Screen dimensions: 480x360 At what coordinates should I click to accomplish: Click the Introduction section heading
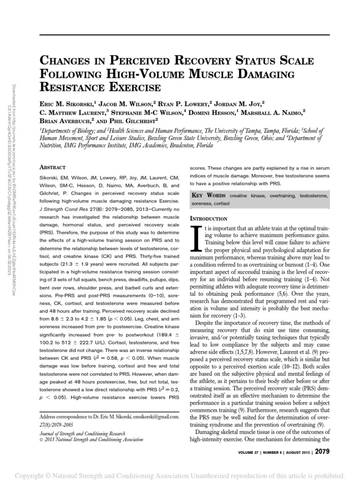click(x=208, y=218)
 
